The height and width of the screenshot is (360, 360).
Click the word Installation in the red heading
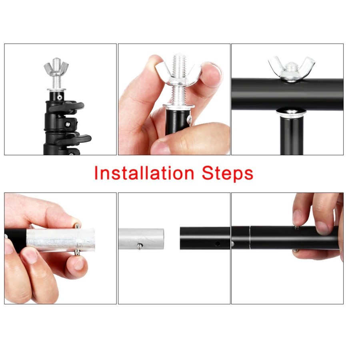coord(144,173)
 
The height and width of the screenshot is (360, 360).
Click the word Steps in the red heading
coord(228,174)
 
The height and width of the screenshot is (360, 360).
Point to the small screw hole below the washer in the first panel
coord(60,97)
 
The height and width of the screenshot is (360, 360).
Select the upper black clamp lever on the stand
coord(69,106)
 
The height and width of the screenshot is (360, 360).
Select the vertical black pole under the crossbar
coord(292,136)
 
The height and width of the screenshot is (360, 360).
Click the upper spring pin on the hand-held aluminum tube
coord(78,226)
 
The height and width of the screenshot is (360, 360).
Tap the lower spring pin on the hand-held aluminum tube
coord(78,252)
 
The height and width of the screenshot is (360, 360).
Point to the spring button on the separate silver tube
coord(140,246)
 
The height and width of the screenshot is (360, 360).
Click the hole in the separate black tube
coord(217,243)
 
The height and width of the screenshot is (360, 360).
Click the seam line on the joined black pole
coord(250,237)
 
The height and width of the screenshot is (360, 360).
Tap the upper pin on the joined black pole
coord(297,228)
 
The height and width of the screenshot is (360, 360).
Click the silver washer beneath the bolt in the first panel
coord(56,90)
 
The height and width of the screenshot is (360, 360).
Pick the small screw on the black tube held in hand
coord(190,119)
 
